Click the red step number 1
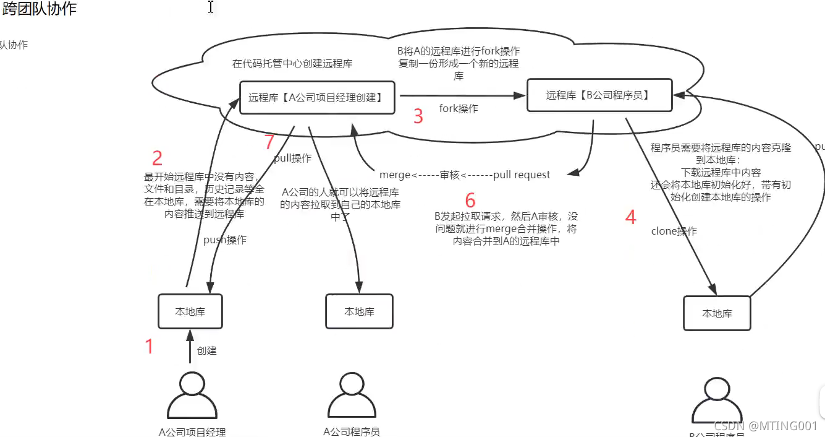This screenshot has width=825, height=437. (x=149, y=347)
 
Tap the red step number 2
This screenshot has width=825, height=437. (x=157, y=158)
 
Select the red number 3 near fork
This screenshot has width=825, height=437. (x=418, y=116)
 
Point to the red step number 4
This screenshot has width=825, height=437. (x=630, y=217)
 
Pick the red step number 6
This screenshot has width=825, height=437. (x=470, y=201)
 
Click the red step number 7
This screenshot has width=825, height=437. (x=269, y=142)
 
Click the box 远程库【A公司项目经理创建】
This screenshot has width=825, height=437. (x=316, y=97)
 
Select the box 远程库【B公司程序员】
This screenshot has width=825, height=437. (x=599, y=95)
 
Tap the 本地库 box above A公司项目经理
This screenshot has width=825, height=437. (x=190, y=311)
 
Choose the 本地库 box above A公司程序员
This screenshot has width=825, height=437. (x=359, y=311)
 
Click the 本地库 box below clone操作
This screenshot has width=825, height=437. (x=717, y=313)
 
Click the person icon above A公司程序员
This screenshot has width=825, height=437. (x=352, y=396)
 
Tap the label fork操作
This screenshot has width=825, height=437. (x=459, y=109)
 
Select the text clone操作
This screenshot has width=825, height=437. (x=674, y=231)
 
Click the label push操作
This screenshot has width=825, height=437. (x=225, y=240)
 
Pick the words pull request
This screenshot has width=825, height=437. (x=522, y=175)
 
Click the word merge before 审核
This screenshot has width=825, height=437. (x=395, y=175)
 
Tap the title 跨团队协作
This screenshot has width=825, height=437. (x=40, y=9)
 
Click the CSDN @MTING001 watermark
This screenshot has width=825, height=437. (x=765, y=426)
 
